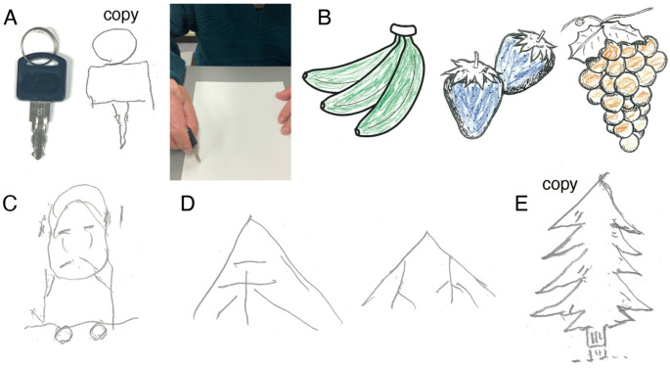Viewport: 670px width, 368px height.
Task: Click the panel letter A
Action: click(x=10, y=19)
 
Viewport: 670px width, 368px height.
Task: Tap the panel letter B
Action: click(x=325, y=19)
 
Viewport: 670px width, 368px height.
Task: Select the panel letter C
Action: click(x=10, y=204)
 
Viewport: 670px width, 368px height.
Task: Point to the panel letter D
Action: click(x=188, y=204)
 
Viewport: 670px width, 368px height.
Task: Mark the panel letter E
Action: click(x=522, y=204)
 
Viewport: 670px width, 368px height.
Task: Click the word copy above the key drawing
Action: click(x=121, y=16)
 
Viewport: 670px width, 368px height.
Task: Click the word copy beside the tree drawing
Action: click(x=559, y=185)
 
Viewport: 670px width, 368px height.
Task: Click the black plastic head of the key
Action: click(x=42, y=76)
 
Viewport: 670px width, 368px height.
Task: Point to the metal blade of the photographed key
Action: click(x=39, y=130)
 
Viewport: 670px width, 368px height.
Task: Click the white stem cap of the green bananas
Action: click(x=403, y=29)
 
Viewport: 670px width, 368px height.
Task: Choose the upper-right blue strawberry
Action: click(x=524, y=62)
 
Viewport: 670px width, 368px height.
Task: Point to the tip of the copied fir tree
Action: click(x=603, y=174)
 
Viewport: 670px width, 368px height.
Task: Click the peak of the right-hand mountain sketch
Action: click(x=426, y=232)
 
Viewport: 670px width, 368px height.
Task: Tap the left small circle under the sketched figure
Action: click(x=64, y=334)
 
